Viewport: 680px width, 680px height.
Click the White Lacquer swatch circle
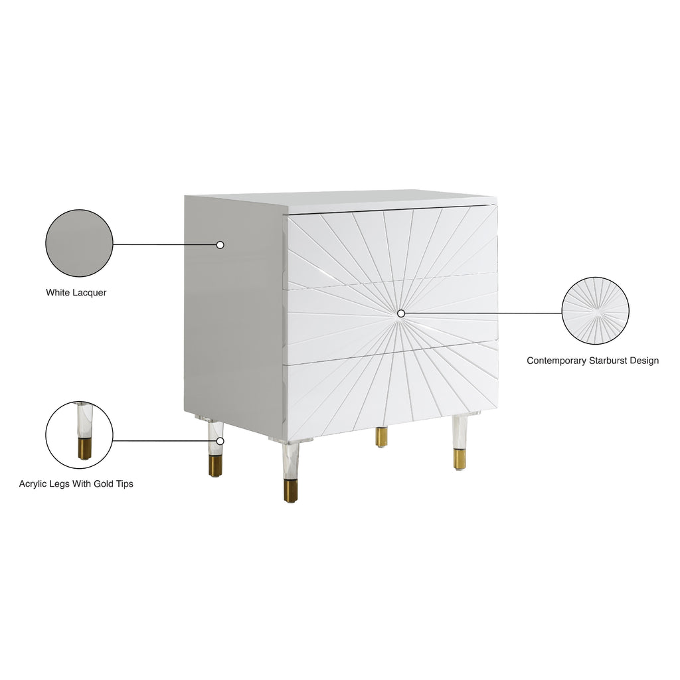pyautogui.click(x=79, y=243)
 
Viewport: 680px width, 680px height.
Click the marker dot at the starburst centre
pyautogui.click(x=401, y=313)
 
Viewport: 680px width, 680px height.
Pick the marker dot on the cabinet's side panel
pyautogui.click(x=220, y=245)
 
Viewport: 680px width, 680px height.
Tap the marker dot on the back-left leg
pyautogui.click(x=220, y=441)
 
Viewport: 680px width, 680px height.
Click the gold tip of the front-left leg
pyautogui.click(x=291, y=491)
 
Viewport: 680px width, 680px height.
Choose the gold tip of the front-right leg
pyautogui.click(x=460, y=460)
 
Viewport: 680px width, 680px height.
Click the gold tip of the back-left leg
pyautogui.click(x=215, y=466)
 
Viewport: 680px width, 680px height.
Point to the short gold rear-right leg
pyautogui.click(x=382, y=437)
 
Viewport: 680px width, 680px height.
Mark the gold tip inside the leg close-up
pyautogui.click(x=85, y=449)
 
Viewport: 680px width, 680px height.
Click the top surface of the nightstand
pyautogui.click(x=343, y=201)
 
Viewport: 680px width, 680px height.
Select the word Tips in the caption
pyautogui.click(x=124, y=484)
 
